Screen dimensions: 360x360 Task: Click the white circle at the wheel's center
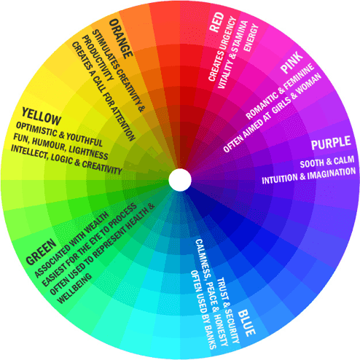tap(180, 180)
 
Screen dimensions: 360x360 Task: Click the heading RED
tap(216, 23)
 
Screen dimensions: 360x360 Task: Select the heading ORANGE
tap(121, 39)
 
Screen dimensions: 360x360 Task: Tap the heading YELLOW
tap(41, 117)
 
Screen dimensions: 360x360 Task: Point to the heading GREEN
tap(42, 252)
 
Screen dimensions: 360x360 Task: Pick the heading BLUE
tap(246, 323)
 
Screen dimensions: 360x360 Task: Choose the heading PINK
tap(291, 62)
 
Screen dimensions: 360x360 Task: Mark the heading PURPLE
tap(331, 144)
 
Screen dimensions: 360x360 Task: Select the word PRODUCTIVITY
tap(98, 58)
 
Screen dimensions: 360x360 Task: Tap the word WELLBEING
tap(74, 289)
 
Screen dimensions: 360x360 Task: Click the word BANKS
tap(209, 334)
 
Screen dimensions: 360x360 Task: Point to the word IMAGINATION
tap(332, 173)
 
